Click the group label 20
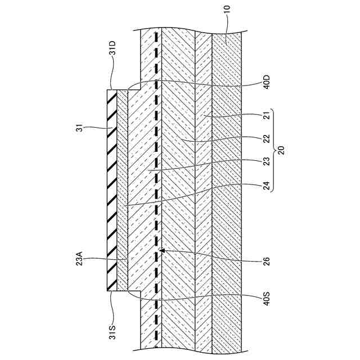coord(282,151)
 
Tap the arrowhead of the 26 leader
coord(162,250)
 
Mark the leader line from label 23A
coord(107,260)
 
